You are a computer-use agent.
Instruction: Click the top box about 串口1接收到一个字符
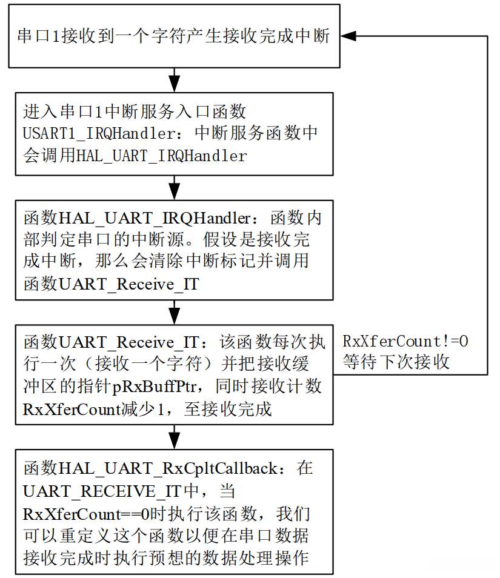(x=174, y=36)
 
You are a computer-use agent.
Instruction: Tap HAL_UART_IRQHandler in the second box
(x=162, y=156)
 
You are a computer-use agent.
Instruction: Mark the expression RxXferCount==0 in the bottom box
(x=87, y=514)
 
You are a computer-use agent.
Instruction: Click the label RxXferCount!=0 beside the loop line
(x=405, y=341)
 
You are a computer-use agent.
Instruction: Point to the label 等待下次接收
(x=396, y=362)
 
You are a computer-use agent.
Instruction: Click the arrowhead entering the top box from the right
(x=348, y=36)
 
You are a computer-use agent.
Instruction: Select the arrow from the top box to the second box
(x=175, y=80)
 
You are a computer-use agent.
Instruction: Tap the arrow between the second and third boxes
(x=175, y=188)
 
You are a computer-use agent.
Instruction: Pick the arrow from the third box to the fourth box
(x=175, y=312)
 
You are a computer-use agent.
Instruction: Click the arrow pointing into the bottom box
(x=175, y=437)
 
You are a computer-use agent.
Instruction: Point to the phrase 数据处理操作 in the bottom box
(x=267, y=558)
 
